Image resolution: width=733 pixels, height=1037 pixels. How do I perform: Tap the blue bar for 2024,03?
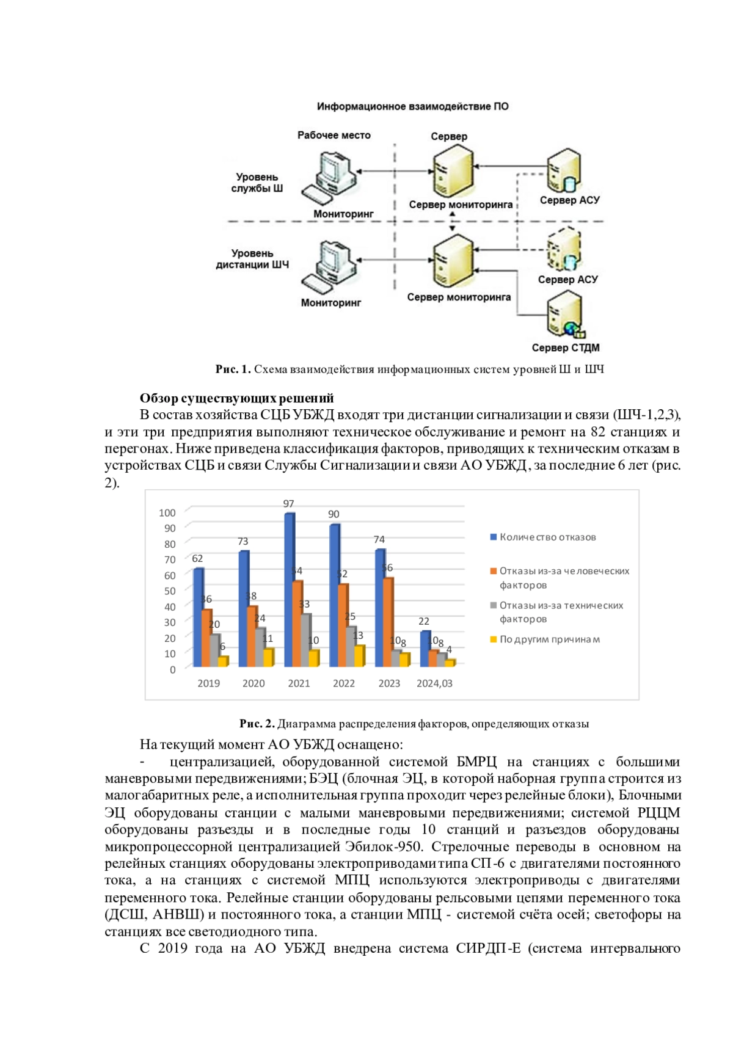point(425,648)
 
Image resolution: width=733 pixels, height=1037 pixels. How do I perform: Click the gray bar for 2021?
point(306,639)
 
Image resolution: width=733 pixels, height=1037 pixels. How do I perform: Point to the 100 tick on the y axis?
point(167,513)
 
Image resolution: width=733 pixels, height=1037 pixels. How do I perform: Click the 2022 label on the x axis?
point(344,683)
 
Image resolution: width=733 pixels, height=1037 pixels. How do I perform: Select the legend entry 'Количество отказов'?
point(547,537)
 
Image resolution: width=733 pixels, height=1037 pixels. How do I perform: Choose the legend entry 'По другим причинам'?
point(549,639)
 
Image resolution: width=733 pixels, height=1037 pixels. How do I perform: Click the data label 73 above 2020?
point(243,542)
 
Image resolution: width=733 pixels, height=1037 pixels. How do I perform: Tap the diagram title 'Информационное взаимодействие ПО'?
point(412,106)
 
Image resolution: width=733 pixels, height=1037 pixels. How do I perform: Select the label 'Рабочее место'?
point(334,136)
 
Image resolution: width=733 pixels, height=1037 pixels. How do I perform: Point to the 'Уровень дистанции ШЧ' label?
point(252,259)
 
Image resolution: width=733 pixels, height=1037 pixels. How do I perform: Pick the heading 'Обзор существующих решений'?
point(237,398)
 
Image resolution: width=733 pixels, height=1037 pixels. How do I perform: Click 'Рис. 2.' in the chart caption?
point(257,724)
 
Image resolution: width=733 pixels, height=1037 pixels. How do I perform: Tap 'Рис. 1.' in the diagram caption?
point(233,369)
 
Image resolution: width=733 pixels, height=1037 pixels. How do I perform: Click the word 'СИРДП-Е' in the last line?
point(488,948)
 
